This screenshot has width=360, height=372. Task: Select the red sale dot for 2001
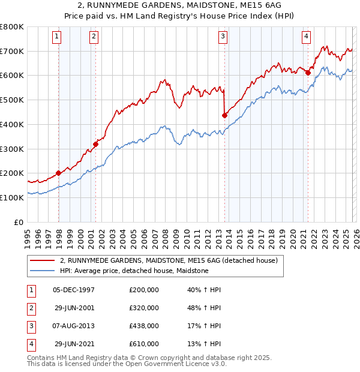[x=95, y=144]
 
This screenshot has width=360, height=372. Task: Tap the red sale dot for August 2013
[x=224, y=115]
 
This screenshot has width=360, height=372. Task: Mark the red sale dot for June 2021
[x=308, y=73]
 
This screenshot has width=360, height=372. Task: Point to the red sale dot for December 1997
[x=58, y=173]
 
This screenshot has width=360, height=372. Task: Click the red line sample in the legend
[x=42, y=261]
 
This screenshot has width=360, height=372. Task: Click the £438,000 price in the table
[x=144, y=326]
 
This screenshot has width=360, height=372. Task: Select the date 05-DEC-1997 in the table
[x=74, y=290]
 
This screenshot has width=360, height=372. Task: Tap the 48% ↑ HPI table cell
[x=204, y=308]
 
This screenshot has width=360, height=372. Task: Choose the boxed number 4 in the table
[x=30, y=344]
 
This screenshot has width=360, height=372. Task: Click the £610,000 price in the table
[x=144, y=344]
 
